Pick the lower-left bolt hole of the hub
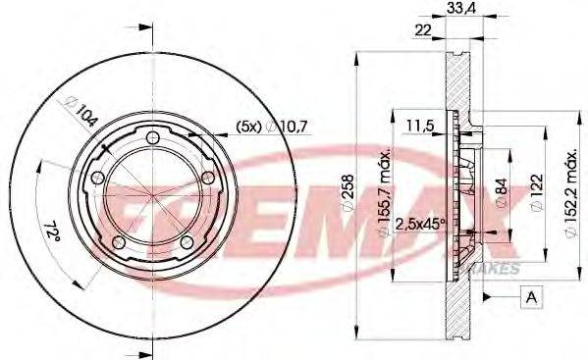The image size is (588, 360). [x=119, y=242]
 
